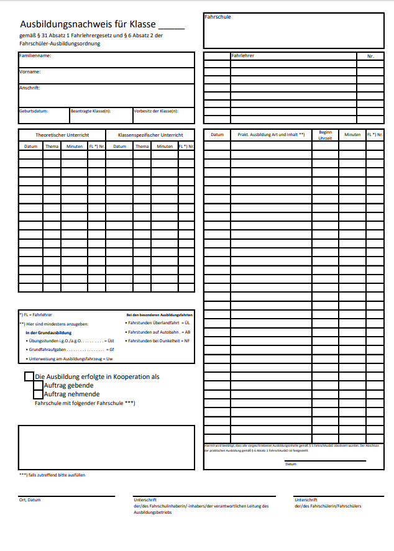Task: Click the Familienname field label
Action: click(35, 56)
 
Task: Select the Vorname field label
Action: click(30, 72)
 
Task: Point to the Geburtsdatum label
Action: click(34, 111)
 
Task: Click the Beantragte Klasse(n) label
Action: click(91, 111)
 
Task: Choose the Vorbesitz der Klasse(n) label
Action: click(156, 111)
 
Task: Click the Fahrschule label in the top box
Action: click(218, 17)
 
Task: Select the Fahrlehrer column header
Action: click(243, 55)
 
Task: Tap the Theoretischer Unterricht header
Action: click(62, 135)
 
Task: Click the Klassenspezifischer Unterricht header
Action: click(150, 135)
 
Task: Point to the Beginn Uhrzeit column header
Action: click(325, 135)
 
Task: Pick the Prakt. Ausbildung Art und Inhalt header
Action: click(271, 134)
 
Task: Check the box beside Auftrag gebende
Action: click(38, 385)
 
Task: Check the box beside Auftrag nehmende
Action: click(38, 394)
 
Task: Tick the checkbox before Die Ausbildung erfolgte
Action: click(29, 376)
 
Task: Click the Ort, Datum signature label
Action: click(30, 499)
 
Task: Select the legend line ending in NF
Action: click(158, 341)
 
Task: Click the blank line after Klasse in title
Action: click(172, 27)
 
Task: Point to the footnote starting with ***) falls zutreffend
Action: click(52, 475)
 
